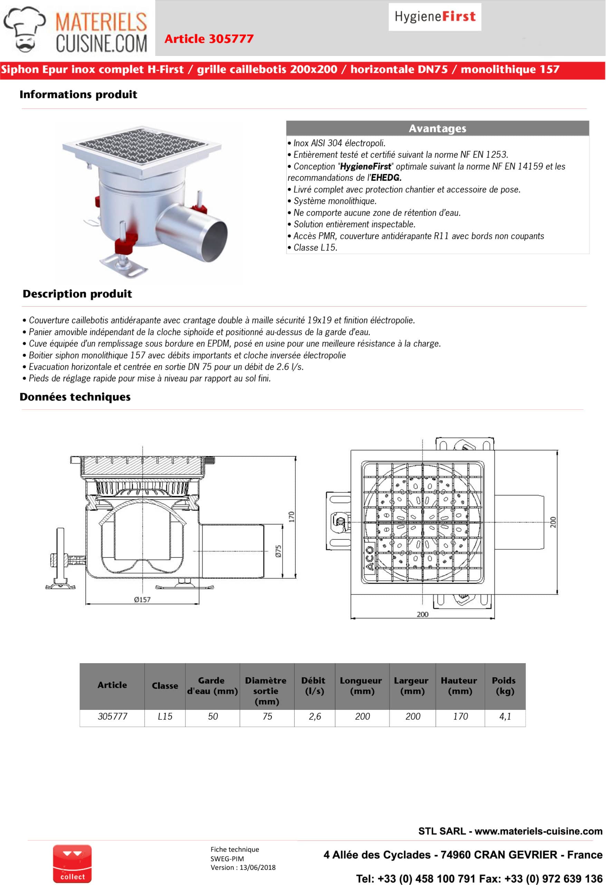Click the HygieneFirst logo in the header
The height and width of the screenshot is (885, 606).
[x=434, y=17]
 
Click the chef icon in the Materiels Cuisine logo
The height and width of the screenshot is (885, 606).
[x=25, y=29]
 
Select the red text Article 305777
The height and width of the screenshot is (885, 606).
[x=209, y=39]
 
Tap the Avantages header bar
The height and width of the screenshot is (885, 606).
[x=437, y=128]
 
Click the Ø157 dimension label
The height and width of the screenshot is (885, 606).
[x=142, y=599]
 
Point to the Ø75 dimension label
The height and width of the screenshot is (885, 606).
[x=278, y=551]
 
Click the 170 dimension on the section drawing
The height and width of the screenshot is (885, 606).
[x=291, y=517]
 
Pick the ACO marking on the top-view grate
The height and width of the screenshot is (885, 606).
[x=369, y=558]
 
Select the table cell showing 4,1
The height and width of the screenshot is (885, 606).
[x=505, y=717]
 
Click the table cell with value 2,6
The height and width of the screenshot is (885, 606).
[x=315, y=717]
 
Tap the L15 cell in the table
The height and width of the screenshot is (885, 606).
[x=165, y=717]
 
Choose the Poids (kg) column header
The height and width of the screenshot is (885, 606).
[x=504, y=686]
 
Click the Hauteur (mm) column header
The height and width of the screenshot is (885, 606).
[x=460, y=686]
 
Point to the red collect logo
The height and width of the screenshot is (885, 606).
[x=72, y=863]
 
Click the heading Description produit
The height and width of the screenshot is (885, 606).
[x=77, y=294]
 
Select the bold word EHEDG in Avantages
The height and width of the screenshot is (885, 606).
[x=386, y=178]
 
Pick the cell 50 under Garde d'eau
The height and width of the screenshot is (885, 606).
[x=213, y=717]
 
